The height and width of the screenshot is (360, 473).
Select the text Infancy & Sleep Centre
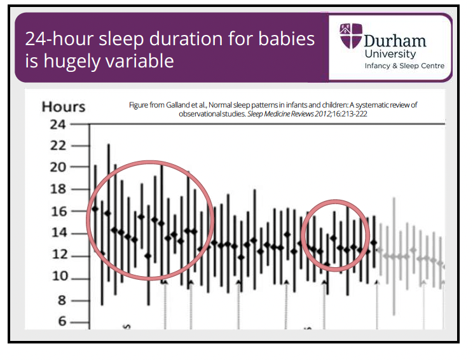tap(404, 66)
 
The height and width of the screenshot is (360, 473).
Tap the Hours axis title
tap(64, 106)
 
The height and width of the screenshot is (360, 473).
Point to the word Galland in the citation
tap(184, 105)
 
